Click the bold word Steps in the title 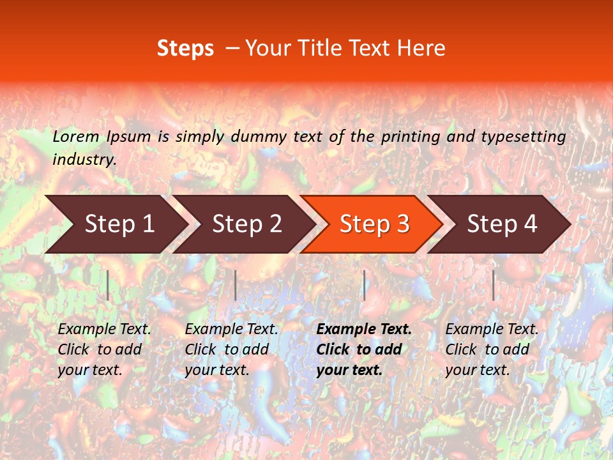click(x=185, y=48)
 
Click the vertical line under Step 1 click(x=108, y=285)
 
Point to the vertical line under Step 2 click(x=236, y=285)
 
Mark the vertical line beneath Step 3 click(x=364, y=285)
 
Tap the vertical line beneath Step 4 click(x=493, y=285)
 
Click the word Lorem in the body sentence click(x=76, y=136)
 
